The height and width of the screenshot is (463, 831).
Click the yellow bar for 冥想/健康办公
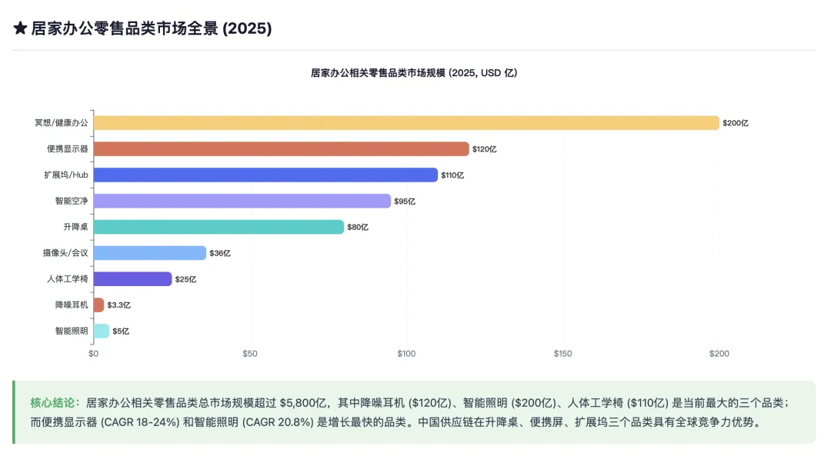point(406,123)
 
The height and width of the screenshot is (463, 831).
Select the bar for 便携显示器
point(281,149)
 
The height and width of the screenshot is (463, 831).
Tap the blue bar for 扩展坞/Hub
point(265,175)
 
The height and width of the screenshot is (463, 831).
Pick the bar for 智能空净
point(242,201)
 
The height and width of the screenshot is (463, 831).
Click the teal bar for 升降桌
point(219,227)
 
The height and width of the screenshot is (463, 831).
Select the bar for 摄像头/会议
point(149,253)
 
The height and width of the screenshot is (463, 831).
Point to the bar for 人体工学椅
point(132,279)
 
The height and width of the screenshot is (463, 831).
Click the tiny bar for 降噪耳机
point(98,305)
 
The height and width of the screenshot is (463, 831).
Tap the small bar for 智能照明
point(101,331)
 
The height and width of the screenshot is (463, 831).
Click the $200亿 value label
point(736,123)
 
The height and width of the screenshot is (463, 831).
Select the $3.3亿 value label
point(119,305)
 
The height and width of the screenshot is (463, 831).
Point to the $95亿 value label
point(405,202)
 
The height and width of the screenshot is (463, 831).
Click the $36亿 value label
point(220,253)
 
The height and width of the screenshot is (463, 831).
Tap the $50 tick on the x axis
point(250,354)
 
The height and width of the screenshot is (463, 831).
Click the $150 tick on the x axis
point(563,354)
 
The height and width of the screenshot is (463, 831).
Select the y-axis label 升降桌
point(75,227)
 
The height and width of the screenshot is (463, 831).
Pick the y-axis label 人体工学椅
point(68,279)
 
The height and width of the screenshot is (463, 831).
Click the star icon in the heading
point(21,28)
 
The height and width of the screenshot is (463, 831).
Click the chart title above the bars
point(414,72)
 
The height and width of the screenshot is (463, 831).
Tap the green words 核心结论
point(55,402)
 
